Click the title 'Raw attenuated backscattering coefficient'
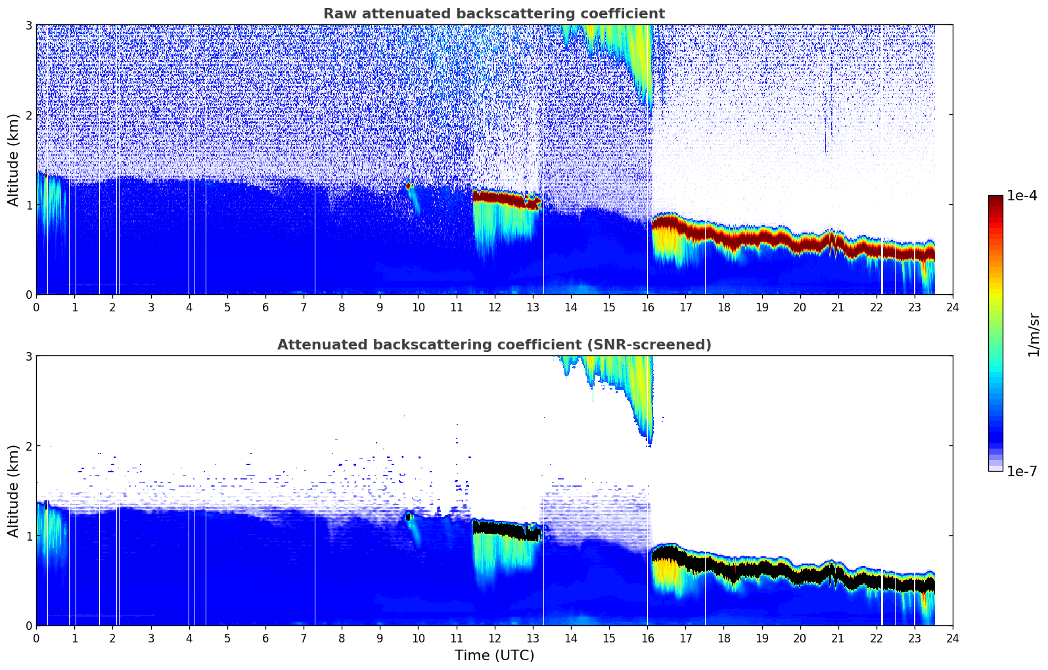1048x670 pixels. pos(493,14)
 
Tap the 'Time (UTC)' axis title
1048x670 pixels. pos(494,655)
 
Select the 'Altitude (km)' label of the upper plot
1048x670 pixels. pos(13,160)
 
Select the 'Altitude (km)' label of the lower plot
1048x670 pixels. pos(13,491)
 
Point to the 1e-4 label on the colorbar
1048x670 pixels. pos(1022,196)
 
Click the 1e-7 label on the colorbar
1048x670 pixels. pos(1022,471)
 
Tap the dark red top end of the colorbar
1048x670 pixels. pos(995,199)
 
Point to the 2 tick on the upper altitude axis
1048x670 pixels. pos(28,115)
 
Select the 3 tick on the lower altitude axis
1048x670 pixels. pos(28,356)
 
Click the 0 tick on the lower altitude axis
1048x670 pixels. pos(28,625)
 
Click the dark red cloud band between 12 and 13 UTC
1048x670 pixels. pos(499,197)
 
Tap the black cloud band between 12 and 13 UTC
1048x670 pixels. pos(499,527)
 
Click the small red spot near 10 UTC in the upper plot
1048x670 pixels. pos(409,186)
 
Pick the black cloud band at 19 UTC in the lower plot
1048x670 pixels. pos(762,568)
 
